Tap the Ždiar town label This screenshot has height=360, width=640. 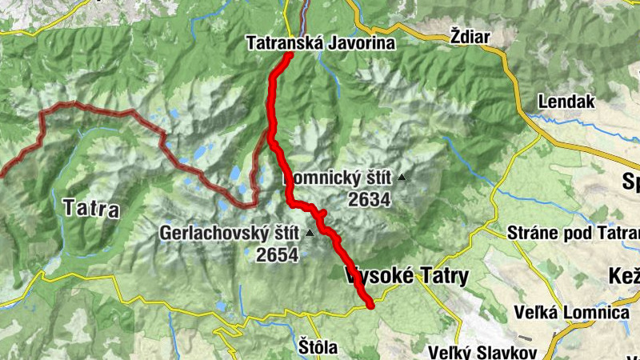(x=469, y=36)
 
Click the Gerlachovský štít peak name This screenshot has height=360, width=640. (x=229, y=234)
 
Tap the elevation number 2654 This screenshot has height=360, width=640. (x=277, y=254)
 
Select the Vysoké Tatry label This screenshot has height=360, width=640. (x=406, y=275)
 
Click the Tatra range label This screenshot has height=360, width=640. (x=90, y=209)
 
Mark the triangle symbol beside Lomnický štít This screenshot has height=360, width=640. (x=402, y=178)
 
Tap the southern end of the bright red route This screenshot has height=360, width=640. (x=370, y=303)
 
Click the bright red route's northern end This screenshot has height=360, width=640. (x=288, y=55)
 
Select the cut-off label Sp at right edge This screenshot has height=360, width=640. (x=630, y=182)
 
